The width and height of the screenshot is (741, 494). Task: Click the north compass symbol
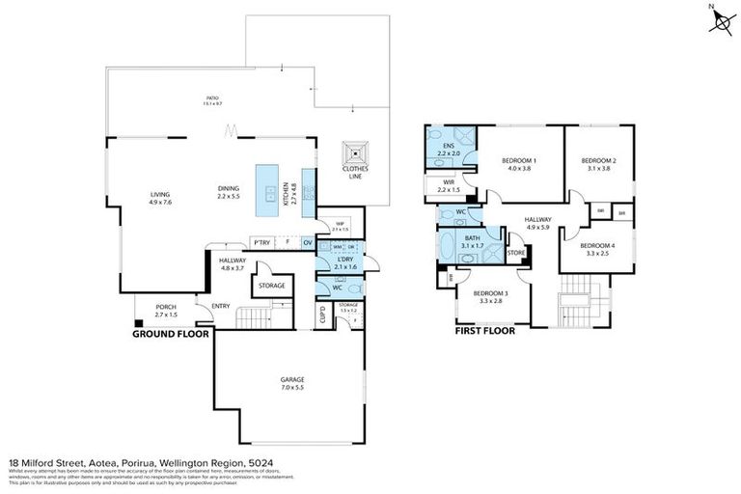click(720, 20)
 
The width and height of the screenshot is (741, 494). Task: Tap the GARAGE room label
click(291, 383)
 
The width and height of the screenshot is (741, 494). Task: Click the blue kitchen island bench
click(267, 190)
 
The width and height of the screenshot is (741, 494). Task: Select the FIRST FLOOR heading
click(484, 330)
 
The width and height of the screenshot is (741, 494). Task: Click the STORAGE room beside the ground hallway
click(271, 286)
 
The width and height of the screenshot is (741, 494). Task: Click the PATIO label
click(211, 97)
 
